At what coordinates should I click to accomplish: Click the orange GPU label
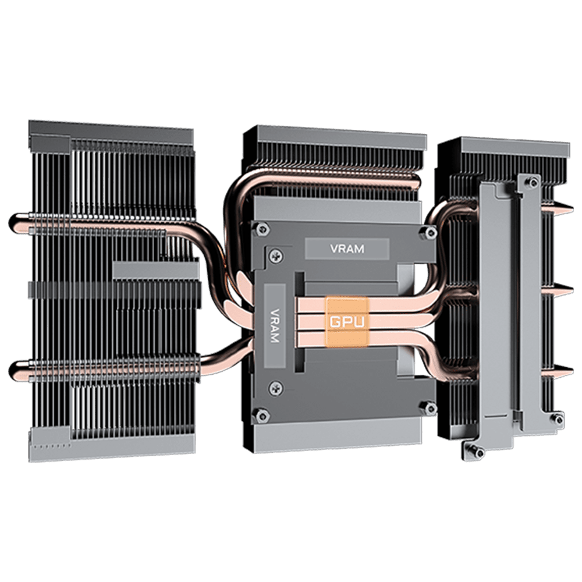[347, 321]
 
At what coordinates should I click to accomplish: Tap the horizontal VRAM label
[347, 249]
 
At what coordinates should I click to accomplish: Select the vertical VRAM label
[275, 326]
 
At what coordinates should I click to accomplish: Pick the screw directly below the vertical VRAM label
[275, 388]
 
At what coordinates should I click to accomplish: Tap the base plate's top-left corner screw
[262, 229]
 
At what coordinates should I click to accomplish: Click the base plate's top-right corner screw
[430, 233]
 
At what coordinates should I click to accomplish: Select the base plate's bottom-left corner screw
[261, 414]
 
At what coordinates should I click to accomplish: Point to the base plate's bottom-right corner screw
[430, 408]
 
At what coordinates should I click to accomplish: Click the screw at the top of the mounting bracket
[533, 182]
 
